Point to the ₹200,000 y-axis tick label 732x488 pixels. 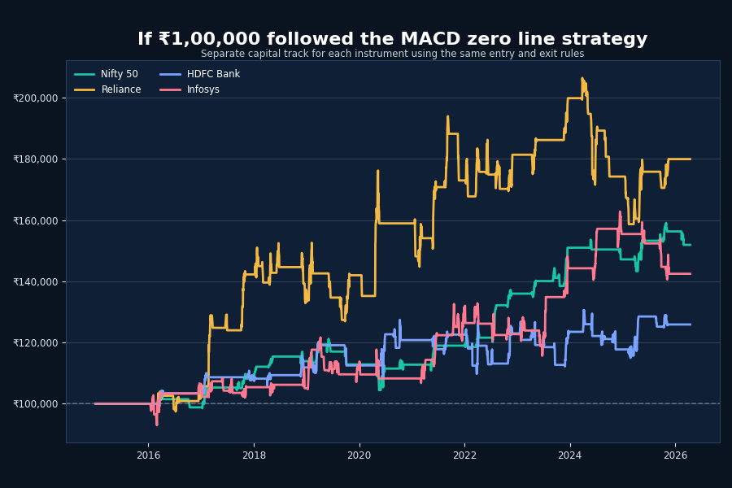(36, 98)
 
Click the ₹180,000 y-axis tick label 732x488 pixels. (36, 159)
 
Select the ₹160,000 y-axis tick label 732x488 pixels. (36, 220)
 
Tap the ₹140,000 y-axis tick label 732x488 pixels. (36, 281)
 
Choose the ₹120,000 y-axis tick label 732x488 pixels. (36, 342)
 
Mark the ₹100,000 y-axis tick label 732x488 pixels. (36, 403)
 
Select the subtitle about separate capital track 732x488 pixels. (392, 54)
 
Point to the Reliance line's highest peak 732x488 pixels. (582, 78)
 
